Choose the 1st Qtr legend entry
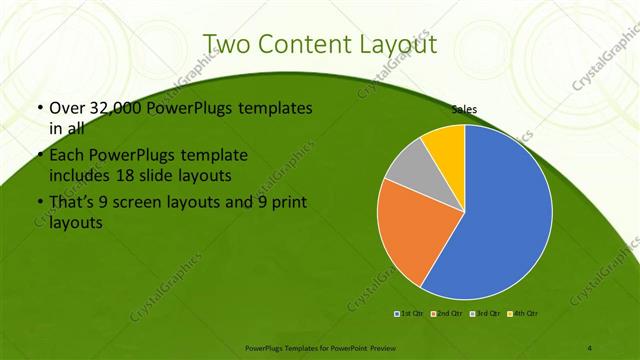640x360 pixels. (x=408, y=314)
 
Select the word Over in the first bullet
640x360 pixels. (x=65, y=107)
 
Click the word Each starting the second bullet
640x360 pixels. (x=66, y=155)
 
